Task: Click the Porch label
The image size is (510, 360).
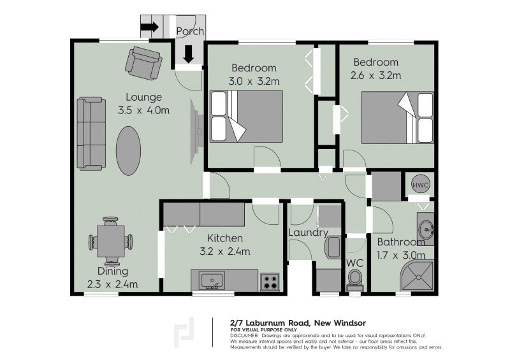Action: [x=190, y=31]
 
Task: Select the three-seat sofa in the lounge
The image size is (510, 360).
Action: [x=91, y=133]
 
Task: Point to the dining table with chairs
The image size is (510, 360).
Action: [x=111, y=241]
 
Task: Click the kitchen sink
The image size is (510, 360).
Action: [x=210, y=280]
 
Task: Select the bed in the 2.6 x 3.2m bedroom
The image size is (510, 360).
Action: [x=398, y=117]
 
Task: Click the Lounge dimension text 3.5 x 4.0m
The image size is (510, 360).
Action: [x=143, y=111]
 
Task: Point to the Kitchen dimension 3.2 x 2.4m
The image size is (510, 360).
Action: [x=224, y=251]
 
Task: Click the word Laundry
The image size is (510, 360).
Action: [x=308, y=233]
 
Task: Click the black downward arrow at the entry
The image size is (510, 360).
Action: [x=188, y=54]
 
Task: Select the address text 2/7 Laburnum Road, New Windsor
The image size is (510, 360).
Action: [x=298, y=323]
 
